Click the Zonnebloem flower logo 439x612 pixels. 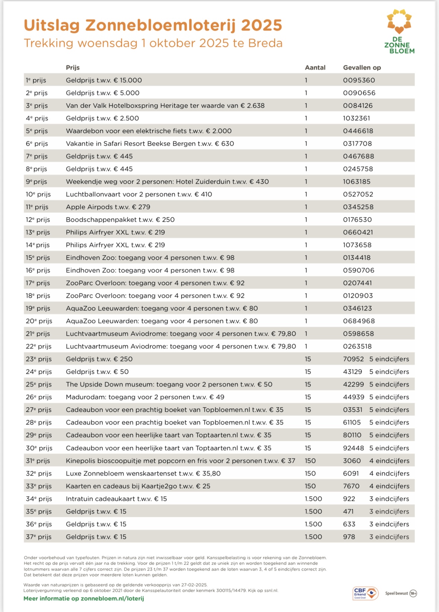(399, 22)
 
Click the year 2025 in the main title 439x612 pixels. (261, 25)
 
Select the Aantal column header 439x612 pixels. (315, 67)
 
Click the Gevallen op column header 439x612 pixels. (362, 67)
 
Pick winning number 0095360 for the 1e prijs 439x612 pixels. (359, 80)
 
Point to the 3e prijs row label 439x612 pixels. (37, 105)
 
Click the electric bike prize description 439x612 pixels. (149, 131)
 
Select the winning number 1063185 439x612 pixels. (357, 182)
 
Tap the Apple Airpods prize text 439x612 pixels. (108, 207)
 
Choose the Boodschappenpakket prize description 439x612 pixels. (120, 220)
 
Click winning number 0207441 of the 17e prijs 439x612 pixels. (357, 283)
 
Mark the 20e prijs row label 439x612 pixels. (39, 321)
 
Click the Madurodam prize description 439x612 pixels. (145, 397)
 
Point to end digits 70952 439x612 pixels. (353, 359)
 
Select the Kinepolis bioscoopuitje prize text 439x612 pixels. (180, 461)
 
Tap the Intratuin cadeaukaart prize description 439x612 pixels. (116, 499)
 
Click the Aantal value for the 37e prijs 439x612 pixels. (313, 537)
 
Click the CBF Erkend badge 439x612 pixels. (365, 593)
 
